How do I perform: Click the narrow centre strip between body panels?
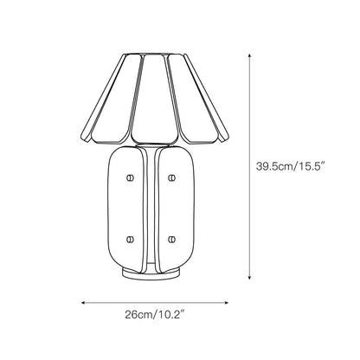click(151, 208)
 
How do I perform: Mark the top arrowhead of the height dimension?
click(251, 52)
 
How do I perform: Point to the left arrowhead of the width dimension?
click(83, 304)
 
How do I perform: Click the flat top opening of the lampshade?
click(151, 54)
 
